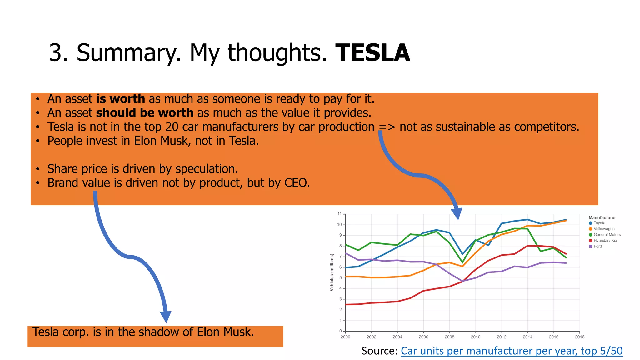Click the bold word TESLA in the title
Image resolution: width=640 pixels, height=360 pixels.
372,53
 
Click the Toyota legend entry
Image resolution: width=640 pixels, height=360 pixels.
599,223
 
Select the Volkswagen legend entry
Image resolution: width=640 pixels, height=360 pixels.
604,229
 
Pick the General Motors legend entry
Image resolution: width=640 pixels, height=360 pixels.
607,235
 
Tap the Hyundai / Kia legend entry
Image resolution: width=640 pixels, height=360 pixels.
605,241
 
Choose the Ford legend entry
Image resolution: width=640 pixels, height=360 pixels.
597,247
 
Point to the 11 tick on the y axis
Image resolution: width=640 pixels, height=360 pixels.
339,214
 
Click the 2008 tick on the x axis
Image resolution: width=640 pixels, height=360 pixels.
449,337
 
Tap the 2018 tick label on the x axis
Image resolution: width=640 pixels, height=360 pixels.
579,337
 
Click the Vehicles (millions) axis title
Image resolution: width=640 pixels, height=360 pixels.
332,272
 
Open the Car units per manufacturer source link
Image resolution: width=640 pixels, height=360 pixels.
512,351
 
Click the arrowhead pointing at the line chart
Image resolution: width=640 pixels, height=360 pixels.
457,214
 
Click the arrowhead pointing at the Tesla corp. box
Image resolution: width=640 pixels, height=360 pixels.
166,317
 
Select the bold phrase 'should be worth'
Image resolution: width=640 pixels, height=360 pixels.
145,113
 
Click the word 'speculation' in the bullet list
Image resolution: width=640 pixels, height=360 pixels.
206,169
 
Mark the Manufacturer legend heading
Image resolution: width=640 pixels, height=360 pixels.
602,218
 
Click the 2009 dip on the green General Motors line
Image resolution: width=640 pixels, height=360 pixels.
462,262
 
